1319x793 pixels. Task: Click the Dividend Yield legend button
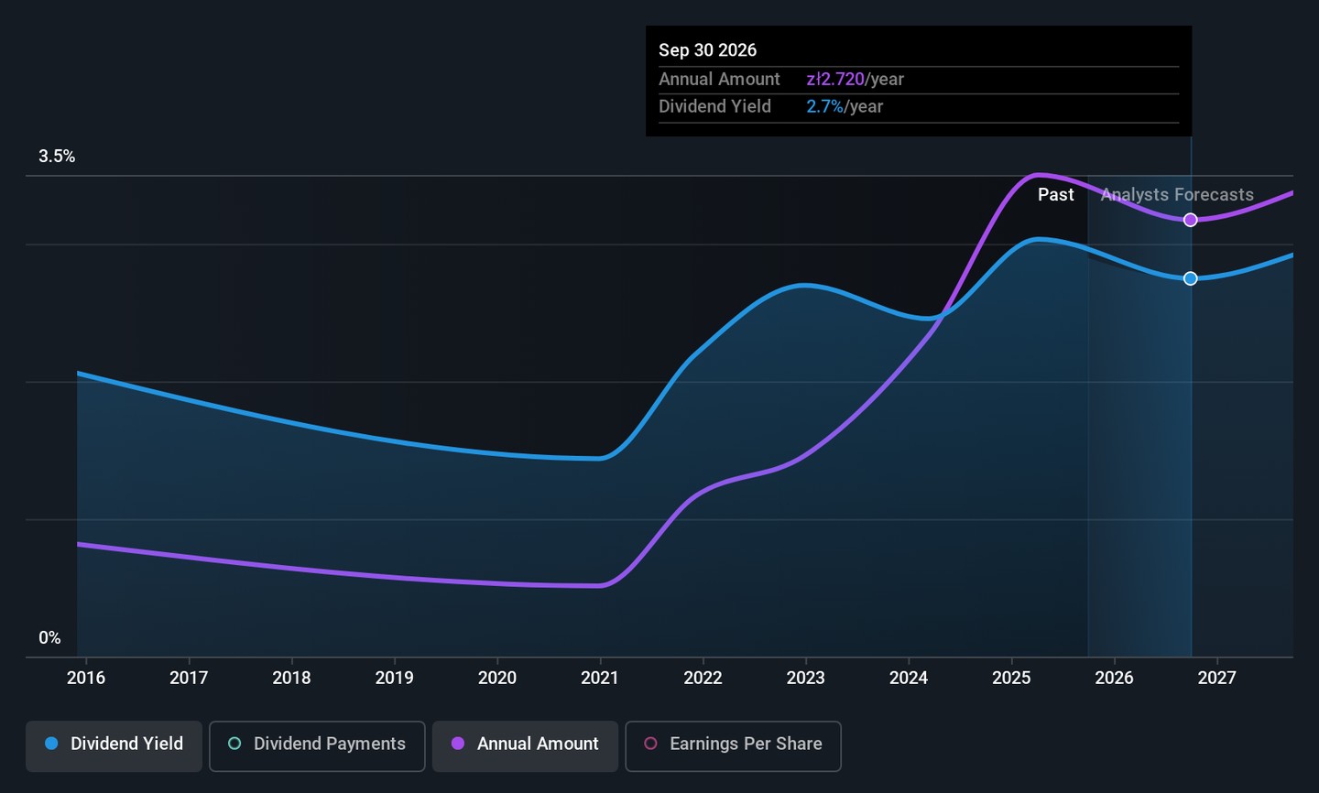(x=114, y=744)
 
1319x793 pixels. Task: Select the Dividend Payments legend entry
(x=317, y=744)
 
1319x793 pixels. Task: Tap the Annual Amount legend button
(x=525, y=744)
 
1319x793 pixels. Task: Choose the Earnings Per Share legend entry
(x=733, y=744)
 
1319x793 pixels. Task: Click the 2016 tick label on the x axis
(x=86, y=679)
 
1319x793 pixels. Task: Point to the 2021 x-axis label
(x=600, y=679)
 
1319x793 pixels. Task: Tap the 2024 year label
(x=909, y=679)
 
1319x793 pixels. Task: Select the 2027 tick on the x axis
(x=1216, y=679)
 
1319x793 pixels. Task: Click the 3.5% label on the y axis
(x=57, y=157)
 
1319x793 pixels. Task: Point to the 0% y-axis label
(x=49, y=638)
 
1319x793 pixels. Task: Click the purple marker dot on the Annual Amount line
(x=1190, y=220)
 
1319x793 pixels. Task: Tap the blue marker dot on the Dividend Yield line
(x=1190, y=278)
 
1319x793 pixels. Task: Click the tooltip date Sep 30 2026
(x=707, y=50)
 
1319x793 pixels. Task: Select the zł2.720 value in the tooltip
(x=834, y=80)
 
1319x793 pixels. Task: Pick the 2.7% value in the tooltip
(x=824, y=107)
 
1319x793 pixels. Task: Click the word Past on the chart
(x=1055, y=195)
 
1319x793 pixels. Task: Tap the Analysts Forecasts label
(x=1177, y=195)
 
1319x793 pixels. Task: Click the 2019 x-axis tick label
(x=395, y=679)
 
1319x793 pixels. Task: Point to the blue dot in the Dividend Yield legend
(x=52, y=744)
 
